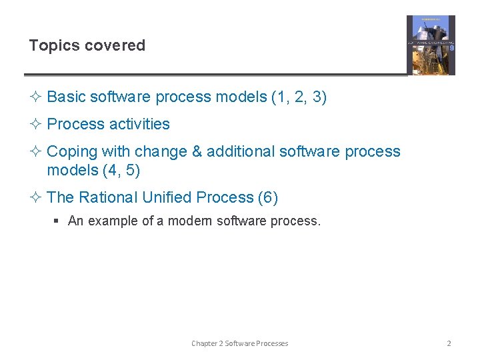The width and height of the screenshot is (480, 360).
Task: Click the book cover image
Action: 431,45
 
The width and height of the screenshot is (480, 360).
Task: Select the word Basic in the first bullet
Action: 66,97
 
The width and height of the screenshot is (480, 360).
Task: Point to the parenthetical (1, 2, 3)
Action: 299,97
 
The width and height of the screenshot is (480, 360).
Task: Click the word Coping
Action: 71,152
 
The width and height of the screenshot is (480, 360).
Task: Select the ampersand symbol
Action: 197,152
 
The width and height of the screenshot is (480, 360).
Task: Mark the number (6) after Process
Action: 268,198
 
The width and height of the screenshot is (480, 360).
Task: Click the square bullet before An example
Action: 59,221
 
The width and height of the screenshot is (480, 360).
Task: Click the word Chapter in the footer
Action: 205,343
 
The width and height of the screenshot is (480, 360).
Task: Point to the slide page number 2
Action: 449,343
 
